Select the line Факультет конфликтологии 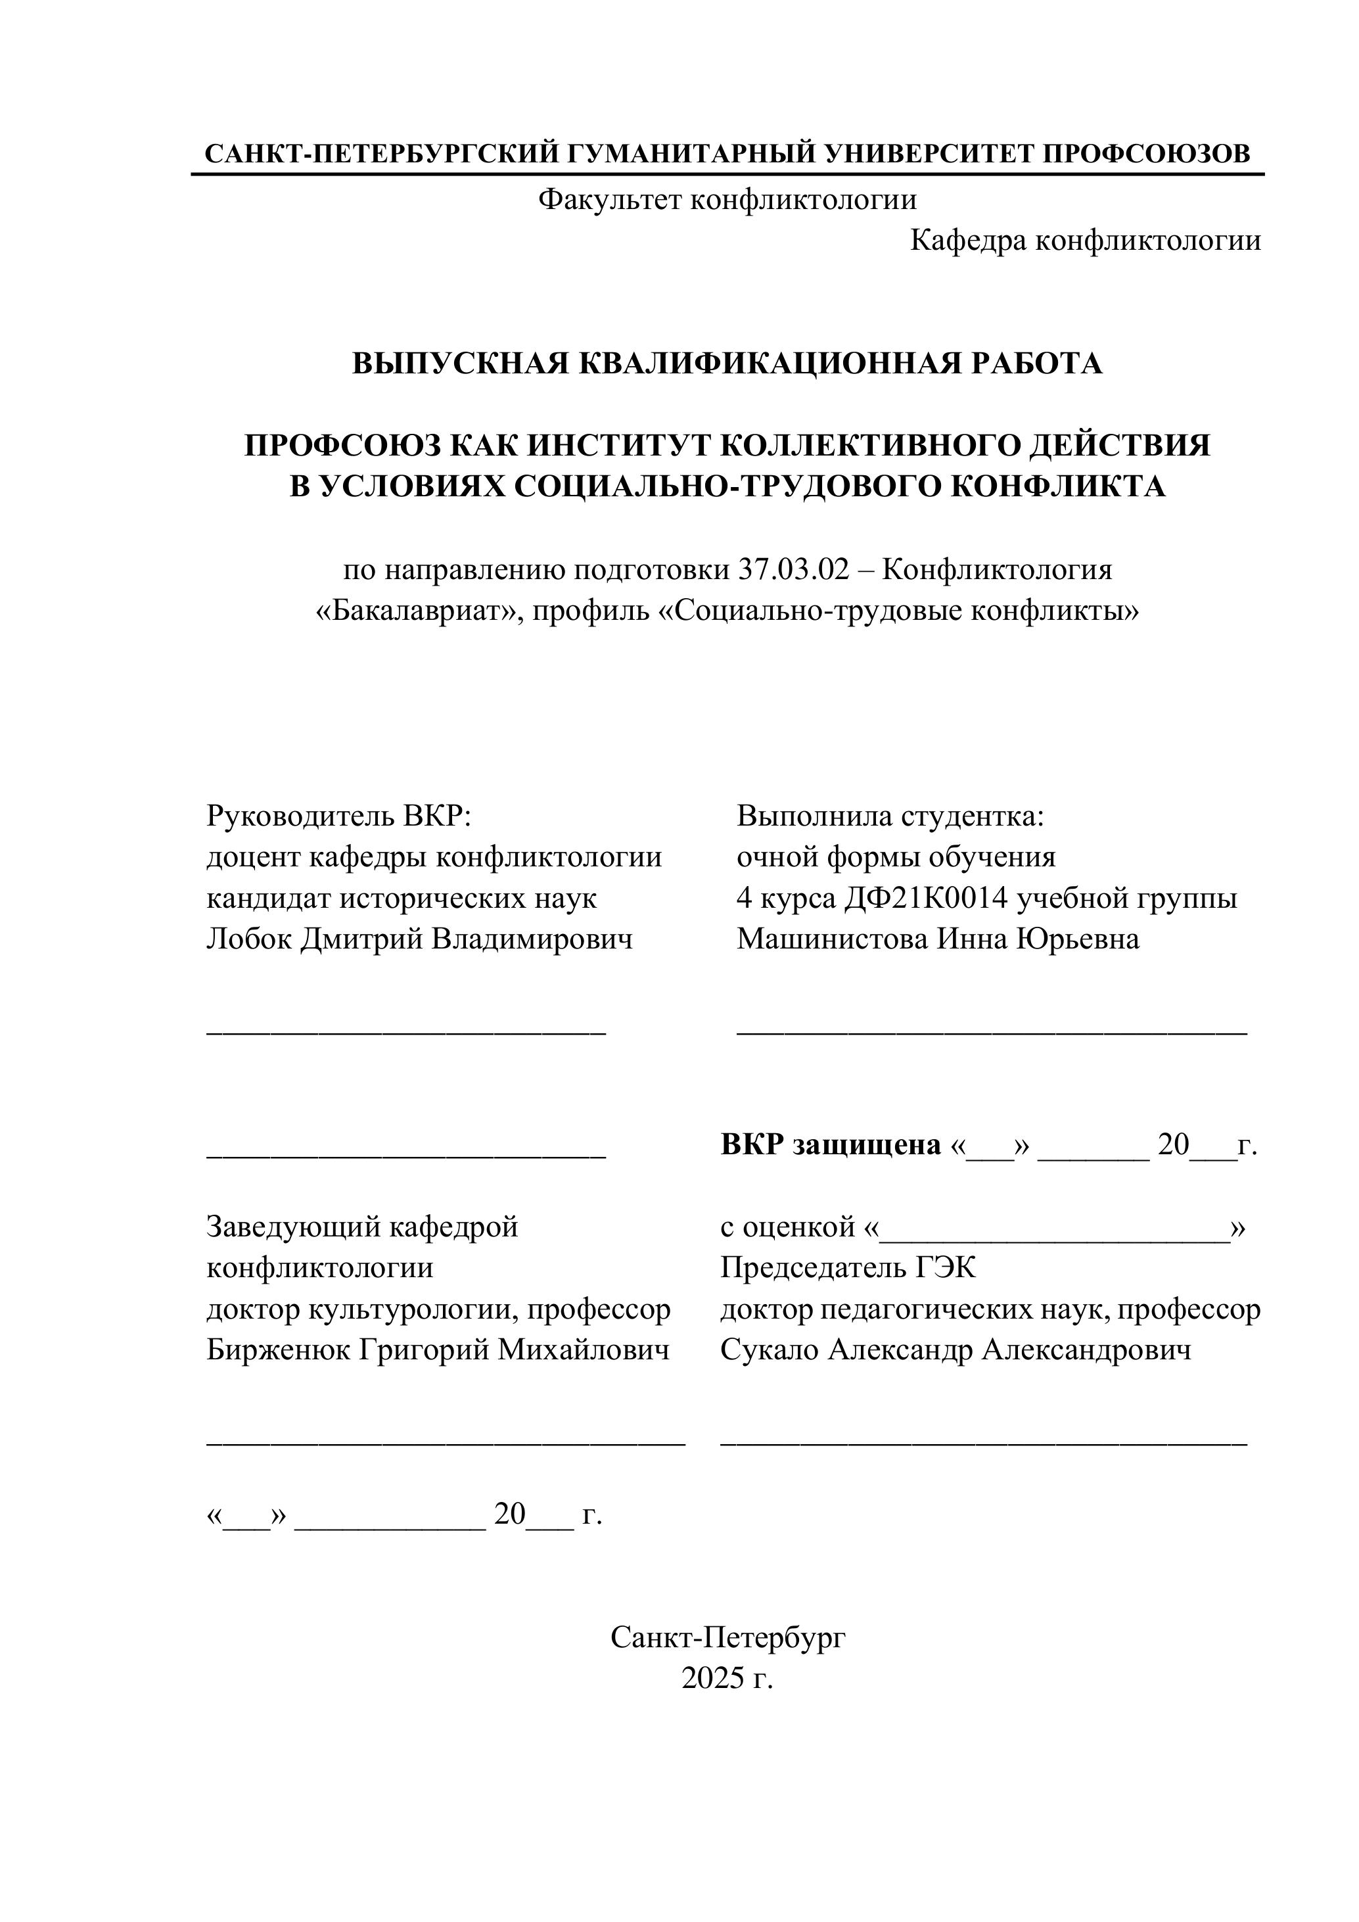click(727, 200)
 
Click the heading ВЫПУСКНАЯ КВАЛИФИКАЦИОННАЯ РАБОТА click(727, 363)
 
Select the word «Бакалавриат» click(419, 611)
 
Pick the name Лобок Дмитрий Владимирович click(419, 939)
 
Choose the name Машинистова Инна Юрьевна click(937, 939)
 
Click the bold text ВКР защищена click(831, 1145)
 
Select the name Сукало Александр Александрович click(956, 1350)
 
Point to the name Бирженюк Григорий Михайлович click(438, 1350)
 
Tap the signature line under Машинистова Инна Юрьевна click(992, 1035)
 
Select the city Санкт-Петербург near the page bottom click(727, 1637)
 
